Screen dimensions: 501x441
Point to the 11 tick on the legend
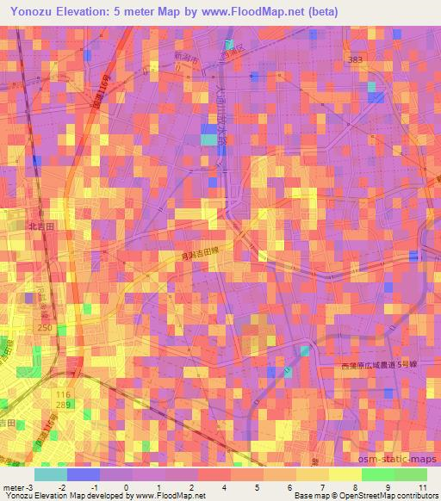point(421,487)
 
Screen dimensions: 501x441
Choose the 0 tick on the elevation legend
point(127,487)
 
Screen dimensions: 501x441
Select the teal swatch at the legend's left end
point(50,474)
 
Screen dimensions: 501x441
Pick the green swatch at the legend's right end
point(411,474)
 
